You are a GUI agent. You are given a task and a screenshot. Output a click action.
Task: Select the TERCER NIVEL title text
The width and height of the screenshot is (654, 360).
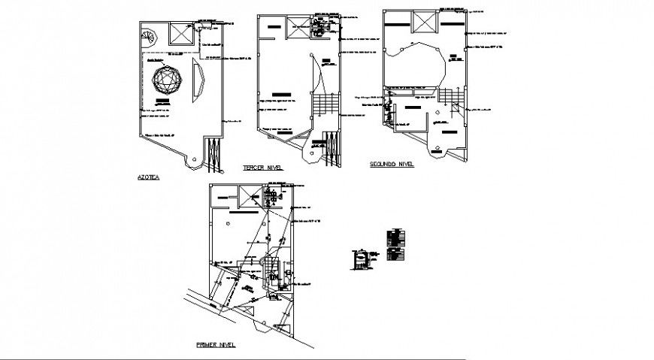click(x=261, y=168)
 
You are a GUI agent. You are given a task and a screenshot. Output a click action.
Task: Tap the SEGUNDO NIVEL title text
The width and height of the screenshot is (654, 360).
click(x=391, y=163)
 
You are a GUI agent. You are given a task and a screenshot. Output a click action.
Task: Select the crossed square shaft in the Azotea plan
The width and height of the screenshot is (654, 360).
click(x=180, y=34)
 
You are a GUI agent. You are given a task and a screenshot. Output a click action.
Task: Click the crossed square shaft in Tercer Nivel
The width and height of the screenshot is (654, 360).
click(x=298, y=24)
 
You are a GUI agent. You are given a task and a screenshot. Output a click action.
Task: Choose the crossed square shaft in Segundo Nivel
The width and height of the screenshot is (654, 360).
click(x=422, y=23)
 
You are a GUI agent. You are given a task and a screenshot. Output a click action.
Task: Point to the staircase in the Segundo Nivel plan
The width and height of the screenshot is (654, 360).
click(x=450, y=96)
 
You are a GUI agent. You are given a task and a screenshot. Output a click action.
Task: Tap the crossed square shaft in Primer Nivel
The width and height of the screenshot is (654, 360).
click(x=247, y=198)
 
